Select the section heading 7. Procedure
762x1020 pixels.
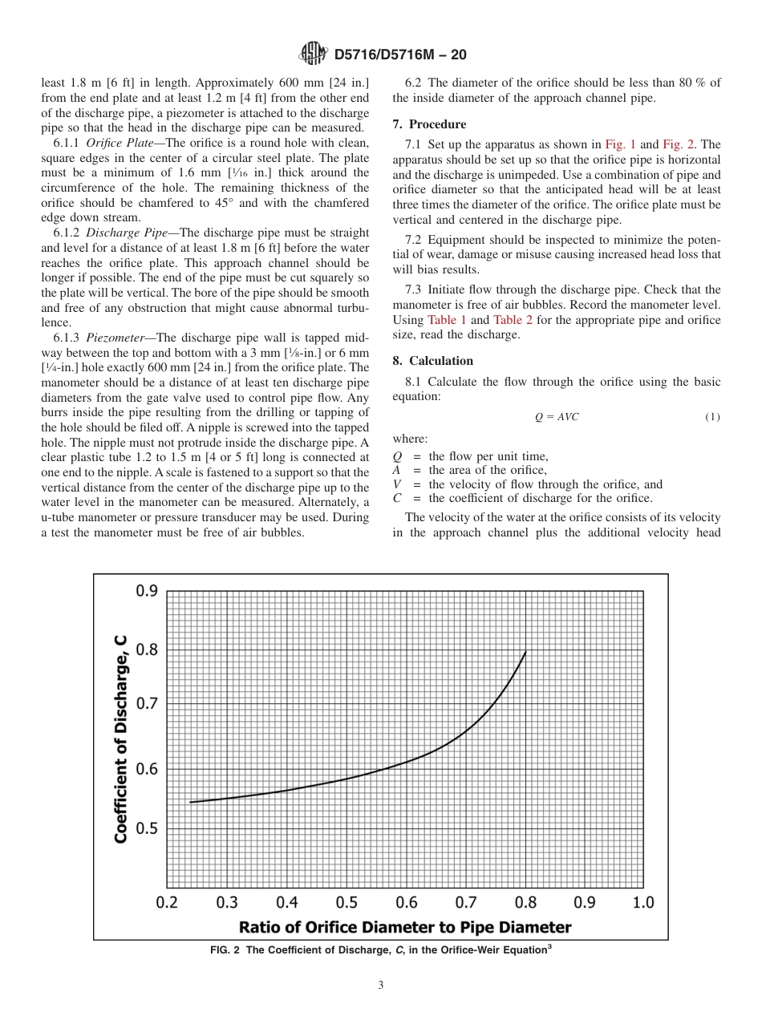point(429,124)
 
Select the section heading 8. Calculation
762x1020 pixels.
point(433,361)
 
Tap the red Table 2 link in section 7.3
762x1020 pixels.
point(512,319)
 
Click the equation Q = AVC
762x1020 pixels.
point(557,417)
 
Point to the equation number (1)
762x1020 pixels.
point(712,417)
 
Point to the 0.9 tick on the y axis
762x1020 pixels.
point(146,591)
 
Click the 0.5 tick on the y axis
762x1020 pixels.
point(146,828)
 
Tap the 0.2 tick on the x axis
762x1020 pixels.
point(167,903)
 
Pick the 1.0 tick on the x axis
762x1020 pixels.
point(642,903)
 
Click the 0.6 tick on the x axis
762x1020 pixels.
point(405,903)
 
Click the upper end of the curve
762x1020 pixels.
point(525,652)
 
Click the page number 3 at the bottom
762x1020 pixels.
point(381,986)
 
